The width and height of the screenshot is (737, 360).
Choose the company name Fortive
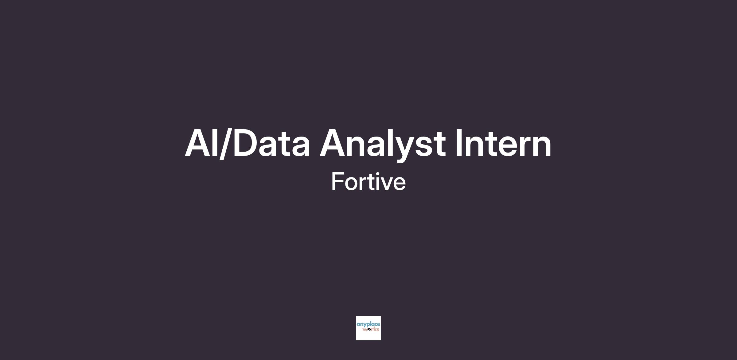(368, 182)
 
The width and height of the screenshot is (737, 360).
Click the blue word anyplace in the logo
(368, 325)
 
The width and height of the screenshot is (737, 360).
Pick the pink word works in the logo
(371, 330)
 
